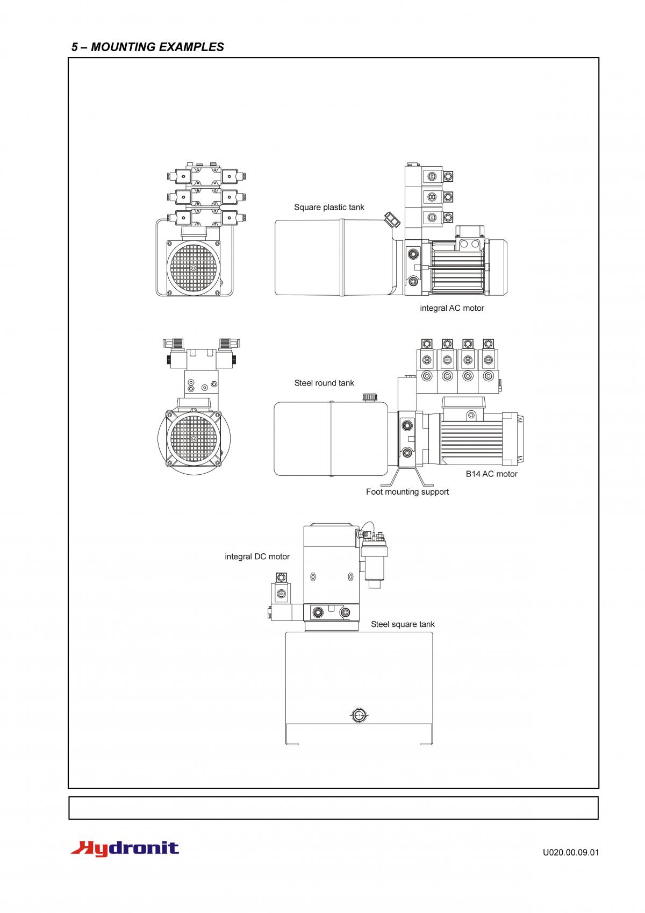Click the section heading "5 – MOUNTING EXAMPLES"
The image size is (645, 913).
tap(147, 47)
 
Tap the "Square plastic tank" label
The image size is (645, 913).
tap(329, 207)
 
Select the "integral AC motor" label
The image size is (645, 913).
tap(451, 308)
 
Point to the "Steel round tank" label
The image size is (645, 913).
tap(324, 383)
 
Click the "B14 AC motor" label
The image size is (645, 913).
tap(491, 474)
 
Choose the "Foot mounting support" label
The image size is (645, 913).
tap(407, 491)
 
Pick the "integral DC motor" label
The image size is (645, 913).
tap(257, 557)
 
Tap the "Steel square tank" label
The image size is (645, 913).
tap(403, 624)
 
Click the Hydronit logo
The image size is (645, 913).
tap(125, 848)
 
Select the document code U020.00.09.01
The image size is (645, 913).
tap(570, 852)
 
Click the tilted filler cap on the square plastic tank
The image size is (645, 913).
tap(392, 219)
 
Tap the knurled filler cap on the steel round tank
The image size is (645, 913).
tap(370, 397)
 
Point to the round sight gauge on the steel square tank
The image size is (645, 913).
tap(359, 715)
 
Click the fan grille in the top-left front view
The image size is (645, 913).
tap(193, 268)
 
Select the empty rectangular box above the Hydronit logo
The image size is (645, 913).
tap(333, 808)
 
